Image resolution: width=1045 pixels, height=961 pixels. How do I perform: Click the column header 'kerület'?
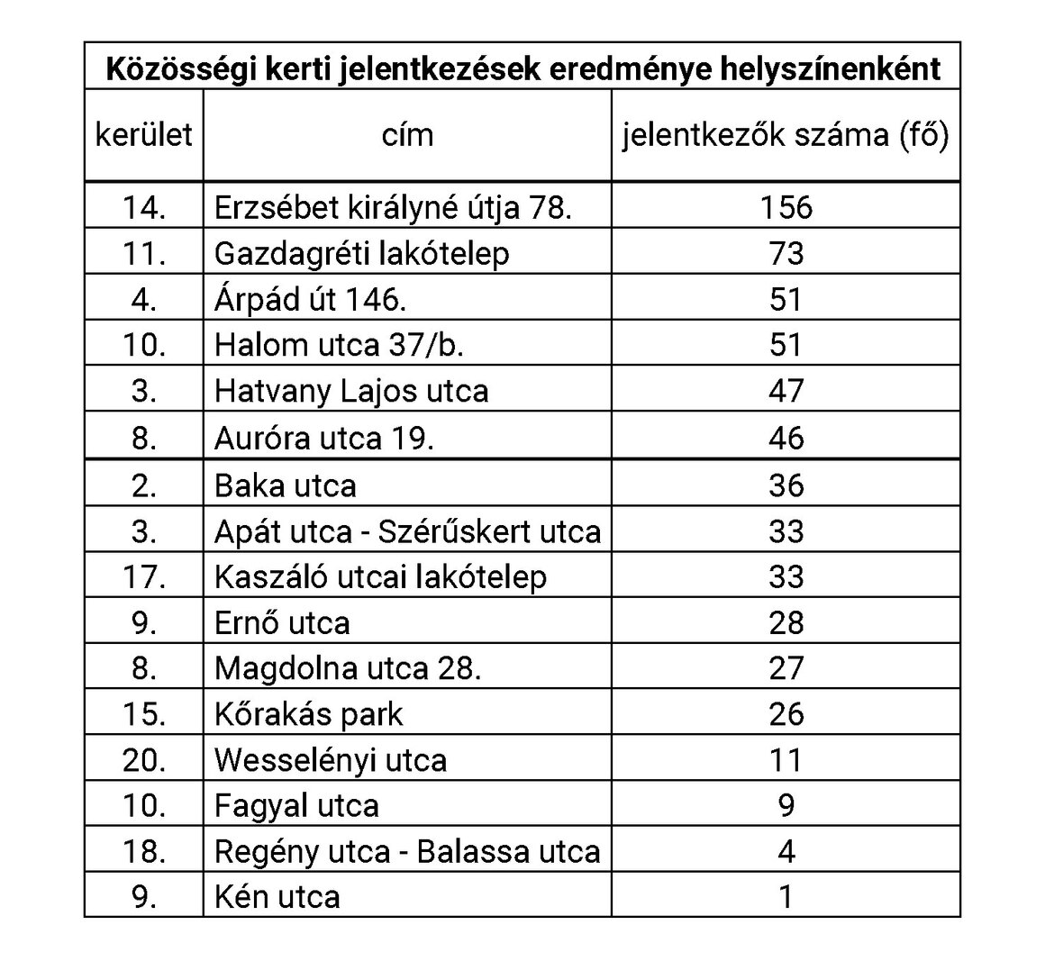pyautogui.click(x=144, y=135)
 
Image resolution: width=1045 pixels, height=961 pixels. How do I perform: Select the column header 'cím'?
pyautogui.click(x=407, y=135)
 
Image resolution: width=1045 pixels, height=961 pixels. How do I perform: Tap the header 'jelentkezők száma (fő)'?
pyautogui.click(x=786, y=135)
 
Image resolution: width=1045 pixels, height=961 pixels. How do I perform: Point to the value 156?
pyautogui.click(x=786, y=207)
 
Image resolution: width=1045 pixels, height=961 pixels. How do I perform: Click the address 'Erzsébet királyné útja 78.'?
pyautogui.click(x=393, y=207)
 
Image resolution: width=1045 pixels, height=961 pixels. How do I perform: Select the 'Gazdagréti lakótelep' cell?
pyautogui.click(x=361, y=253)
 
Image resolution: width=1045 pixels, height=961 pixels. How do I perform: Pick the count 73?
pyautogui.click(x=786, y=253)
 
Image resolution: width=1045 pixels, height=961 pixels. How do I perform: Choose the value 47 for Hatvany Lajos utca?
pyautogui.click(x=786, y=391)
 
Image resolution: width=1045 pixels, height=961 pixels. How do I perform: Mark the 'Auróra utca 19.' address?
pyautogui.click(x=324, y=438)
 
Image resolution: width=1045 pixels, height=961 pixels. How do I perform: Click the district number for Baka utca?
pyautogui.click(x=144, y=485)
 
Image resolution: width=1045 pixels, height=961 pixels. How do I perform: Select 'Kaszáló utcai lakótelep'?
pyautogui.click(x=380, y=576)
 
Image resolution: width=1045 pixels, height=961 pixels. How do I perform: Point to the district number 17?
pyautogui.click(x=144, y=576)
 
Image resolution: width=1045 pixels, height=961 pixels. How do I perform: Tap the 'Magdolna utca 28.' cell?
pyautogui.click(x=348, y=668)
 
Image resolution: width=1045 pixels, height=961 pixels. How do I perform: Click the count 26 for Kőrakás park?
pyautogui.click(x=786, y=714)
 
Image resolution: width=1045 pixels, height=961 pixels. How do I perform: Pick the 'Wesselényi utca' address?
pyautogui.click(x=330, y=760)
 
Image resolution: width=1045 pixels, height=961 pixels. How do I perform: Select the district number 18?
pyautogui.click(x=144, y=851)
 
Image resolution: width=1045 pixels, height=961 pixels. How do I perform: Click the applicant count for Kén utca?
pyautogui.click(x=786, y=897)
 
